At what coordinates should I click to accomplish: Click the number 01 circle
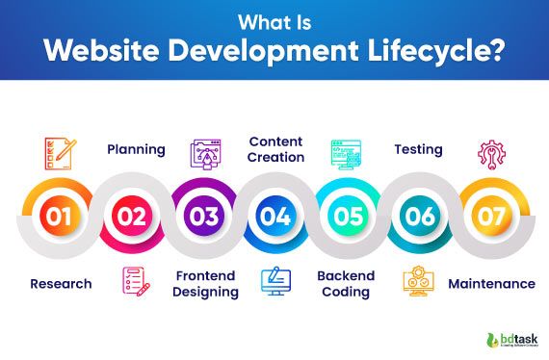pos(59,216)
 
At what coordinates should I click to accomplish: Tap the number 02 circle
pos(132,216)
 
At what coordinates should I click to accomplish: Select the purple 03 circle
pos(204,216)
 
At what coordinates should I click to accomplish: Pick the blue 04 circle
pos(275,216)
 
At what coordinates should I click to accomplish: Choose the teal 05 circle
pos(348,216)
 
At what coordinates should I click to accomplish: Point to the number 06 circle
pos(420,216)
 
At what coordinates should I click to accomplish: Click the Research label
pos(61,284)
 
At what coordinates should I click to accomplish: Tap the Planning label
pos(136,149)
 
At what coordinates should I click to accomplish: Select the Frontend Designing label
pos(206,284)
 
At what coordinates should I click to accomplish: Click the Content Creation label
pos(276,149)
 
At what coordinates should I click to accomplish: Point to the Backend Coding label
pos(345,284)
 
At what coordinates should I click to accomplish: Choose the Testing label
pos(418,149)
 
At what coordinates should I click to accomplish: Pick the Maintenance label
pos(491,284)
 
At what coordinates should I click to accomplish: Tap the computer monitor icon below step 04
pos(276,280)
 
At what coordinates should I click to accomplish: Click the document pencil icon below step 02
pos(135,281)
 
